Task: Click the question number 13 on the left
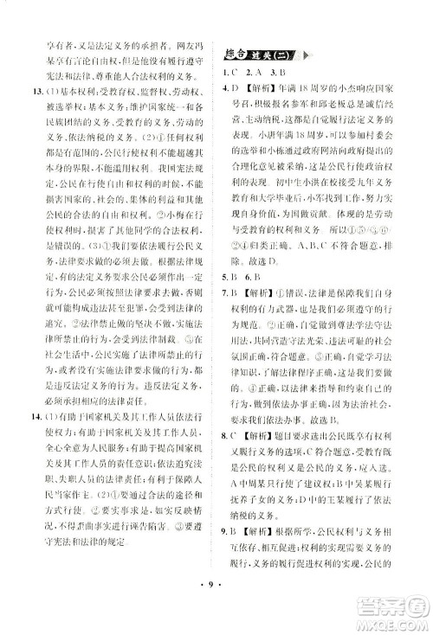click(27, 91)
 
